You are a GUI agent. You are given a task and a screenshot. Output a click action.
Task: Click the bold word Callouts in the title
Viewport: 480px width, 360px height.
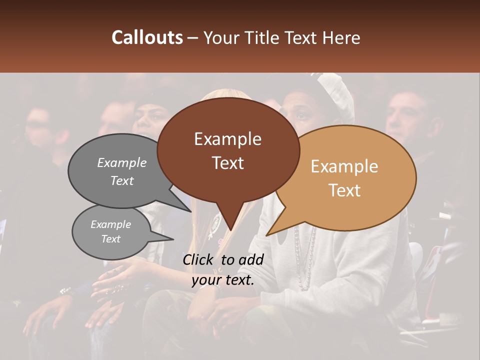click(x=147, y=37)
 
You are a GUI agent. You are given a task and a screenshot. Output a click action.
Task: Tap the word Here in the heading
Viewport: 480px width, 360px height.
click(x=341, y=37)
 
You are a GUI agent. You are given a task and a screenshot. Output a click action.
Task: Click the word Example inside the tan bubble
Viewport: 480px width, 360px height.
click(x=344, y=166)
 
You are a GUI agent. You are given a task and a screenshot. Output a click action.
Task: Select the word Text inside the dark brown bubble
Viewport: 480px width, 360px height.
click(x=228, y=163)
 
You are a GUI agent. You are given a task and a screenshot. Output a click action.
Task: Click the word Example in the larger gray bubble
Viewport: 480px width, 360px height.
click(x=122, y=162)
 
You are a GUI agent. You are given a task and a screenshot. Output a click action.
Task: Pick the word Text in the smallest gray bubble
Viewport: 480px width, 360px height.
click(x=111, y=239)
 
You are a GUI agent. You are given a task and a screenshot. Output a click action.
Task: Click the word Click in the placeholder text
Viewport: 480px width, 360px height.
click(x=199, y=259)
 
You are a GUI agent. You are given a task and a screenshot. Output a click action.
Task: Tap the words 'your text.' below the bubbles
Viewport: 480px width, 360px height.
click(x=223, y=280)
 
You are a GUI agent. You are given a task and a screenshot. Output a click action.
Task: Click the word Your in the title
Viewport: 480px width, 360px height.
click(x=220, y=37)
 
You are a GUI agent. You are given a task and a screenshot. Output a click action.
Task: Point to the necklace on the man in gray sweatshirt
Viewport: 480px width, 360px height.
click(x=303, y=260)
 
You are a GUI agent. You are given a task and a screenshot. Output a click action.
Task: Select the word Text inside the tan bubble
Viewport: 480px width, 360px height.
click(x=344, y=190)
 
